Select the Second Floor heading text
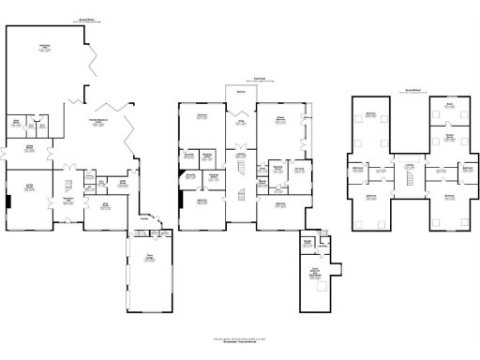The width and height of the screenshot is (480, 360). point(412,90)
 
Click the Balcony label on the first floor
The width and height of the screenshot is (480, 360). point(241,92)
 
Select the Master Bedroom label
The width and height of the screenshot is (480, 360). point(279,118)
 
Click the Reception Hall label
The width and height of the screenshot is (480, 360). point(68,199)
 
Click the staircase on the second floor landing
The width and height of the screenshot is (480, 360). point(409,179)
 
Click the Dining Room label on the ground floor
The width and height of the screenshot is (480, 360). point(29,146)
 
